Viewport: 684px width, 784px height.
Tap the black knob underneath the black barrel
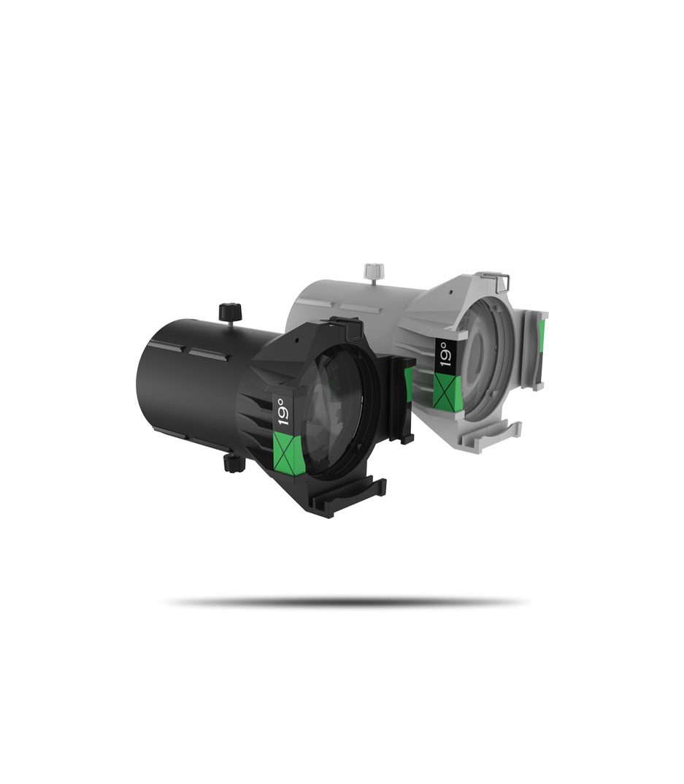tap(234, 463)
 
